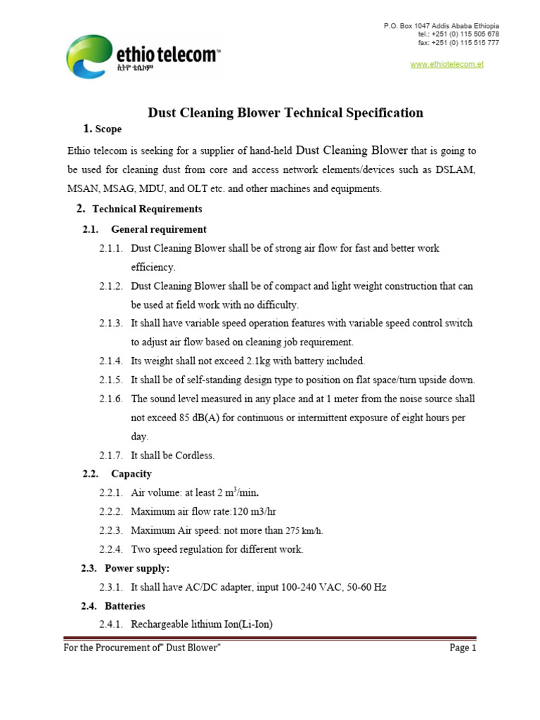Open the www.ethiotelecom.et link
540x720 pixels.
(x=446, y=64)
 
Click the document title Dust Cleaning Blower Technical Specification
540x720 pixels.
(x=285, y=112)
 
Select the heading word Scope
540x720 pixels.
(x=108, y=129)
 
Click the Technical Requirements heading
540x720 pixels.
(x=147, y=209)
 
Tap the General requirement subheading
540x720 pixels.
(x=159, y=229)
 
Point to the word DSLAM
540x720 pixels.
(x=455, y=170)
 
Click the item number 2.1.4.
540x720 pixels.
(x=111, y=361)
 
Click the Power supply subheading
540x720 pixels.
(x=137, y=568)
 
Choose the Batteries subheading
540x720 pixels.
(x=125, y=605)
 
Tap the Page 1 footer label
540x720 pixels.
(x=463, y=648)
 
